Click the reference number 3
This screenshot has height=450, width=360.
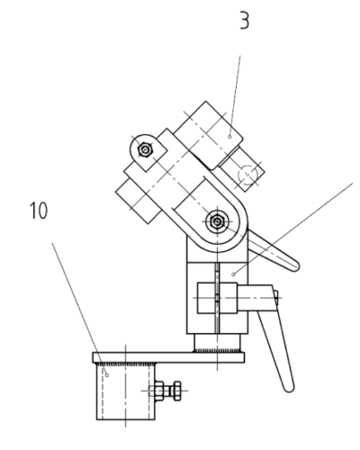coord(245,21)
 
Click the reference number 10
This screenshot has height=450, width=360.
coord(39,211)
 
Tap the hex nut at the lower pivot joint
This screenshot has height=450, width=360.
coord(216,222)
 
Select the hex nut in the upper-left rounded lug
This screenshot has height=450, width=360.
coord(146,149)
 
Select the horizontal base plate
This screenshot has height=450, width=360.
coord(168,357)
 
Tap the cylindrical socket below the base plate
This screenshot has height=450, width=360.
coord(125,391)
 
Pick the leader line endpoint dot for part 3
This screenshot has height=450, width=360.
coord(229,137)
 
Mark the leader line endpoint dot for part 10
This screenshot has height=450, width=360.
coord(107,375)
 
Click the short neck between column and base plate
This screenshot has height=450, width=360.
coord(218,343)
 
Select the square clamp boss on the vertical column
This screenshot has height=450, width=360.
coord(217,298)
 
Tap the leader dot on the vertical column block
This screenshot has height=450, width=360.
coord(234,274)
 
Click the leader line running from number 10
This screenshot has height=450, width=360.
coord(79,309)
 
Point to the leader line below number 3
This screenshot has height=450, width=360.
coord(235,96)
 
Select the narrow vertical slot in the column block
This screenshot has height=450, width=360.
coord(217,298)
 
